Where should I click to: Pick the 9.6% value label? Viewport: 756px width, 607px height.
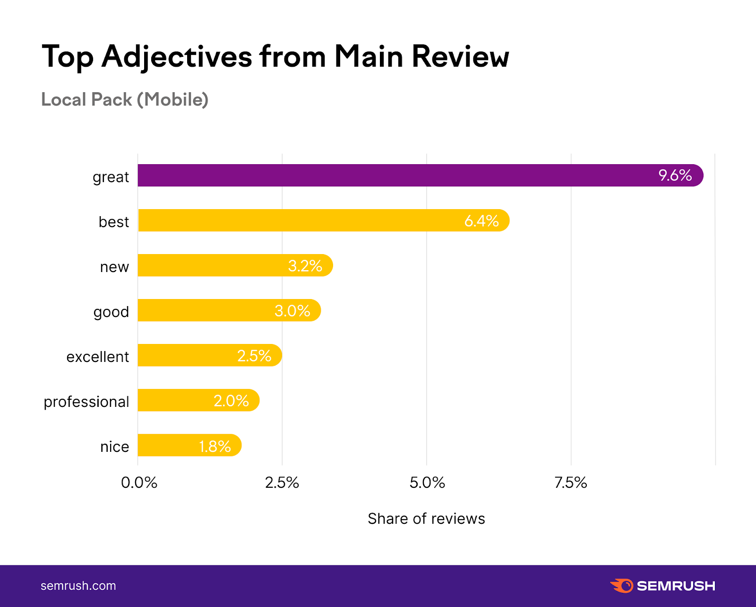tap(675, 176)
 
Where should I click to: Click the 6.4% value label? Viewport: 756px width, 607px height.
tap(481, 221)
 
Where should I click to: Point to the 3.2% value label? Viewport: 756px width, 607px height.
tap(305, 266)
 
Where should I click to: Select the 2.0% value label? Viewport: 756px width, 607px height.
tap(231, 401)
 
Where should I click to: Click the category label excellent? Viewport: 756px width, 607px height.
tap(97, 357)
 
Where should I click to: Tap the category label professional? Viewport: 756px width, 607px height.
tap(86, 402)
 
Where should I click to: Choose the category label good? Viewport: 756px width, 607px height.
tap(111, 312)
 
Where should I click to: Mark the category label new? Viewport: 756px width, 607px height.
tap(114, 267)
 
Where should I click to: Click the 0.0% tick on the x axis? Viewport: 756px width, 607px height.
tap(139, 483)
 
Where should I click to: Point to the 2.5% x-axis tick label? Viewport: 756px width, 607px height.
tap(282, 483)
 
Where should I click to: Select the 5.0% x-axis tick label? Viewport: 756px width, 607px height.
tap(427, 483)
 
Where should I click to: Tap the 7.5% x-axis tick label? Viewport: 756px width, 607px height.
tap(571, 483)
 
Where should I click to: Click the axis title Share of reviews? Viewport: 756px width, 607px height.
tap(426, 519)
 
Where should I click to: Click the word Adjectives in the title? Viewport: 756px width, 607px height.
tap(177, 57)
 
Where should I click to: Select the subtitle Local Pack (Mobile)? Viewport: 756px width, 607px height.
tap(125, 99)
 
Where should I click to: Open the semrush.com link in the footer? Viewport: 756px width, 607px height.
tap(78, 586)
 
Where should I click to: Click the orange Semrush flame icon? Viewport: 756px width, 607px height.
tap(622, 586)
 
